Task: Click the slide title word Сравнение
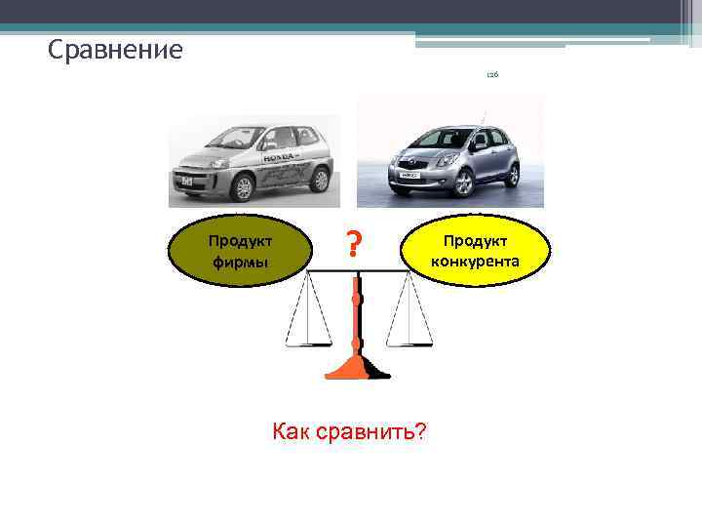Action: point(115,49)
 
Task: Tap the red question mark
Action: point(356,241)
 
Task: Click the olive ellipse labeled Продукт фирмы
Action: point(238,251)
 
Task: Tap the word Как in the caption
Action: point(294,431)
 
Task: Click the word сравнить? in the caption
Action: point(372,431)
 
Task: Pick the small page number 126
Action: point(492,76)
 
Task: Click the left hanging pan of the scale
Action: point(307,344)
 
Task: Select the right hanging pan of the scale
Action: point(409,344)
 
